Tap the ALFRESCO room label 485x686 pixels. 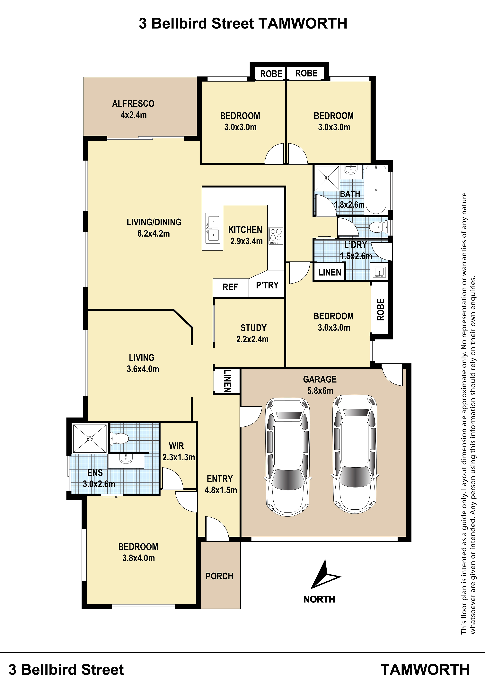133,104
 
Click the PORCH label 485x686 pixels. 219,576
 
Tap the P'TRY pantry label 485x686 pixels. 267,285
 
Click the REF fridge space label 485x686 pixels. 230,287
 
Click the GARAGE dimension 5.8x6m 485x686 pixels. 320,391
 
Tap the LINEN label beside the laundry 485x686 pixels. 330,272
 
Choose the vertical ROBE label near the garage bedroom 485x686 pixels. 380,310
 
